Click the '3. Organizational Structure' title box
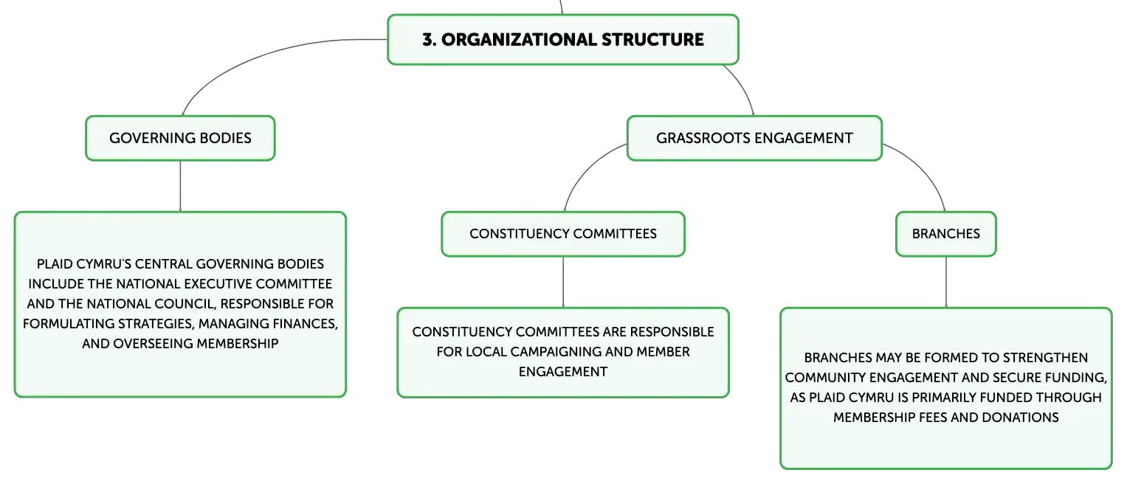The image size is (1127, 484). click(x=563, y=40)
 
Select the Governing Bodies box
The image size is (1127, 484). click(x=180, y=139)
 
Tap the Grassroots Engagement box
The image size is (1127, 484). click(x=754, y=139)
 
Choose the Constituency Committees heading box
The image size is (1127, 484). click(x=563, y=234)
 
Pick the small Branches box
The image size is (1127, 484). click(x=946, y=234)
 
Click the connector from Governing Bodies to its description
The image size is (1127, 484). click(x=180, y=186)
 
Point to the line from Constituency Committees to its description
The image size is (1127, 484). click(x=563, y=283)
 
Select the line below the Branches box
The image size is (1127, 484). click(x=946, y=283)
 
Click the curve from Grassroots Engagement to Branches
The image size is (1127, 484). click(x=925, y=168)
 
